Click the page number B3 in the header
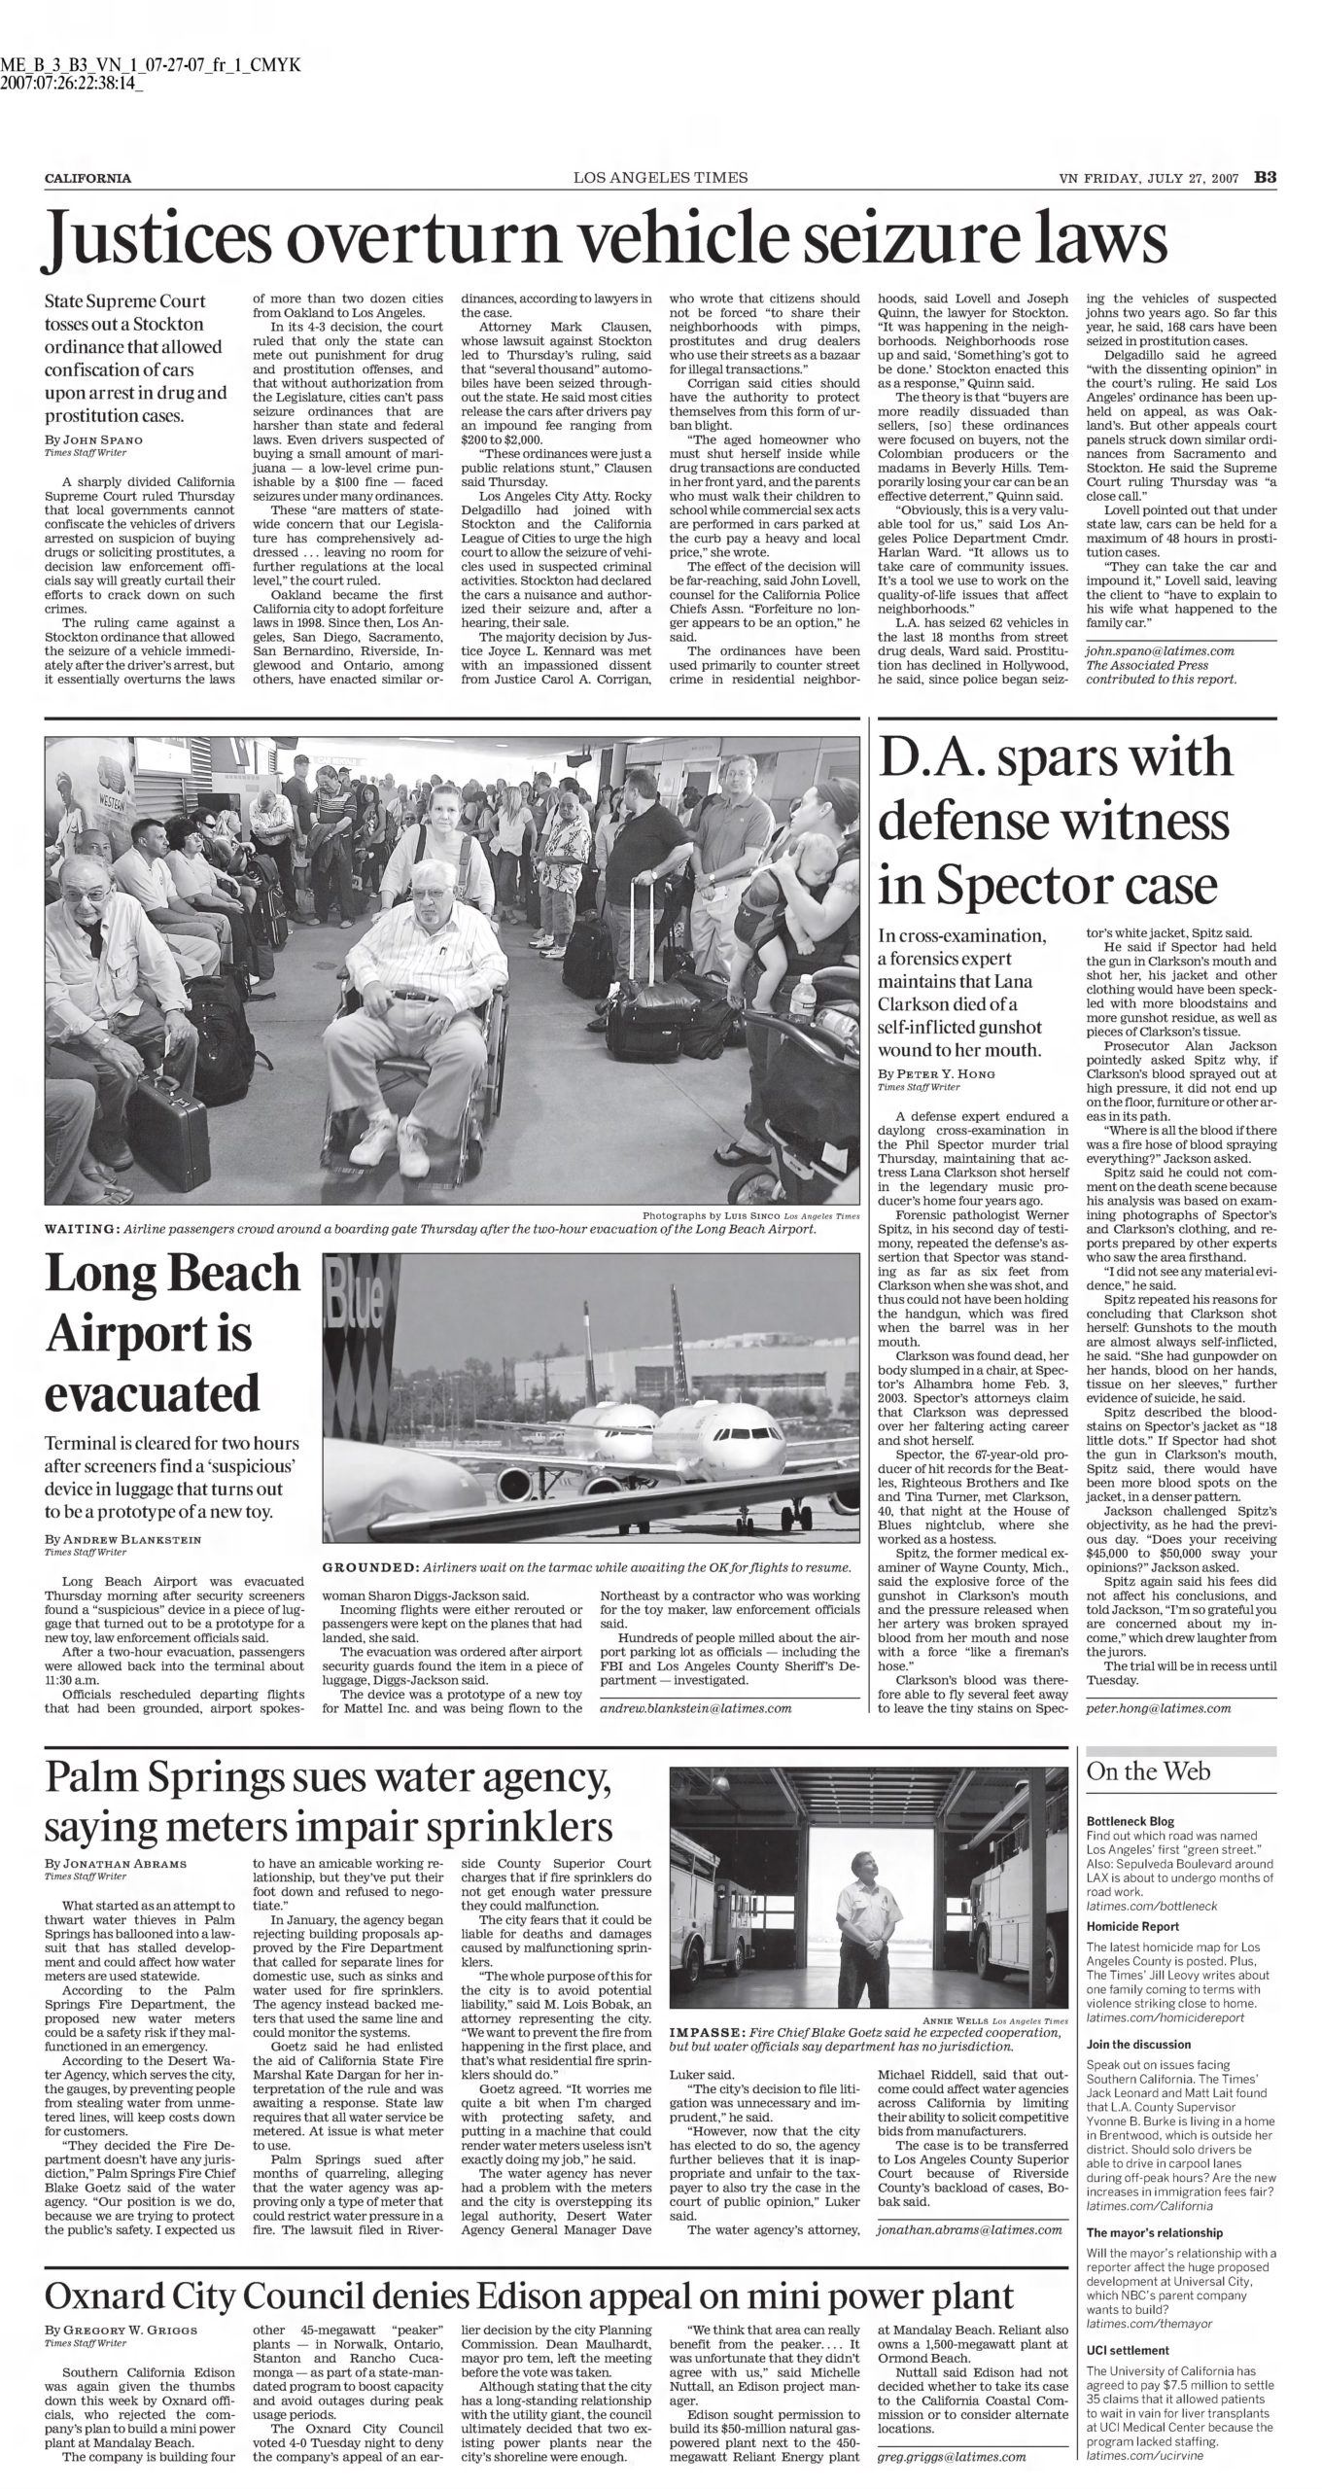point(1264,178)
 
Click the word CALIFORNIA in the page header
point(88,179)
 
